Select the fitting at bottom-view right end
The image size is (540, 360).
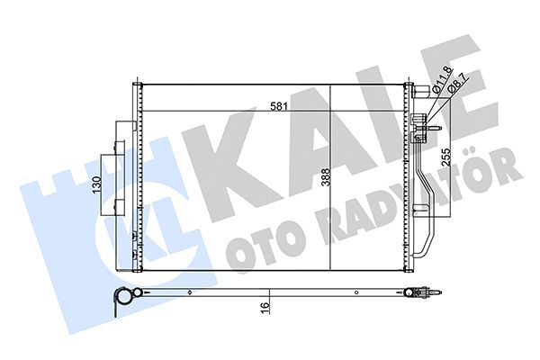pos(423,292)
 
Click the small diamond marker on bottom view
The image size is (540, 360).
pos(189,292)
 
